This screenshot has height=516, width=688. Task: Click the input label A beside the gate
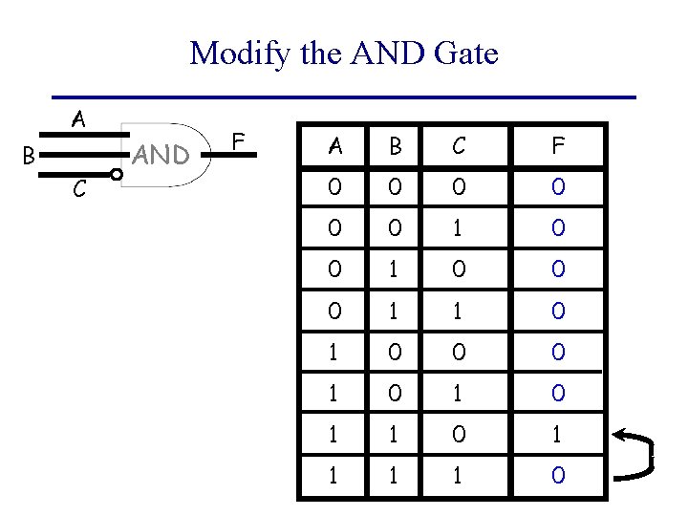click(79, 120)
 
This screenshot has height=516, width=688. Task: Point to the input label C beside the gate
click(80, 190)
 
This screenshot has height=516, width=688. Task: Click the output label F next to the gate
click(241, 143)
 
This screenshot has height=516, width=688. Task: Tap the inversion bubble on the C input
click(117, 175)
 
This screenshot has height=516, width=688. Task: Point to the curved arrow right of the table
click(637, 454)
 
